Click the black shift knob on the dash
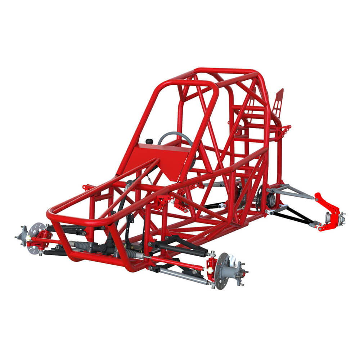(x=148, y=141)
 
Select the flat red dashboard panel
(x=162, y=158)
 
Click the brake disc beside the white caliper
(x=221, y=270)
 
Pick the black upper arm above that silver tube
(x=180, y=248)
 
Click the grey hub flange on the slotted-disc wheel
(x=22, y=236)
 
